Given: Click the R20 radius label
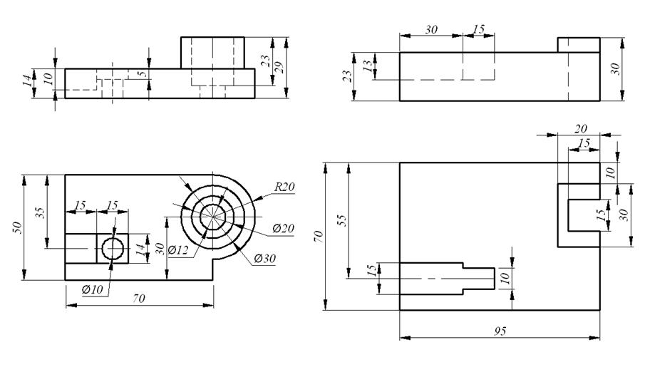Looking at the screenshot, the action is click(284, 187).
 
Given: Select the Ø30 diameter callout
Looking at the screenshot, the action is click(265, 258).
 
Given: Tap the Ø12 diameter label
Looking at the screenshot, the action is click(177, 249).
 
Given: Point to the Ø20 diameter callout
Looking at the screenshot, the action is click(283, 228).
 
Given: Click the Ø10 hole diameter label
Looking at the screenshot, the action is click(92, 289).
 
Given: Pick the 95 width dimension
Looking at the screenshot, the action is click(500, 331).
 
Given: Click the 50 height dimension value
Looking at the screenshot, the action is click(18, 228).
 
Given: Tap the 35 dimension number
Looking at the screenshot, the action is click(40, 212).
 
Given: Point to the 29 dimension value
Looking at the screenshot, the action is click(279, 67).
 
